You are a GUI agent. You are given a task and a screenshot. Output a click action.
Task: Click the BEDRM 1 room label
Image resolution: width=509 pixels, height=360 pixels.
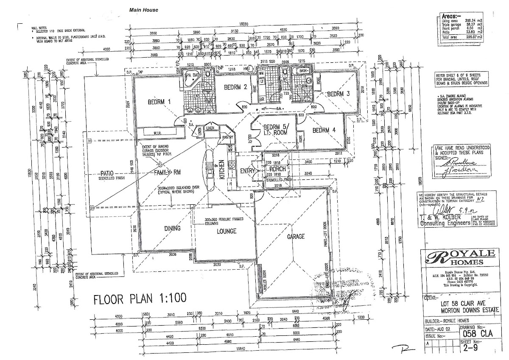click(x=159, y=102)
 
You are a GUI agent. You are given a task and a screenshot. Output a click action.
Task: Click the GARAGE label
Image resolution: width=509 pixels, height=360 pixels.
click(x=296, y=237)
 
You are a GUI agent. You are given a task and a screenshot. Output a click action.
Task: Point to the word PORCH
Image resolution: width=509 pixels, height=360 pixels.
click(x=277, y=169)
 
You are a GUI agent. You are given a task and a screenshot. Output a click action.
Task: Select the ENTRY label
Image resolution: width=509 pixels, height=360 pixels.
click(x=248, y=170)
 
